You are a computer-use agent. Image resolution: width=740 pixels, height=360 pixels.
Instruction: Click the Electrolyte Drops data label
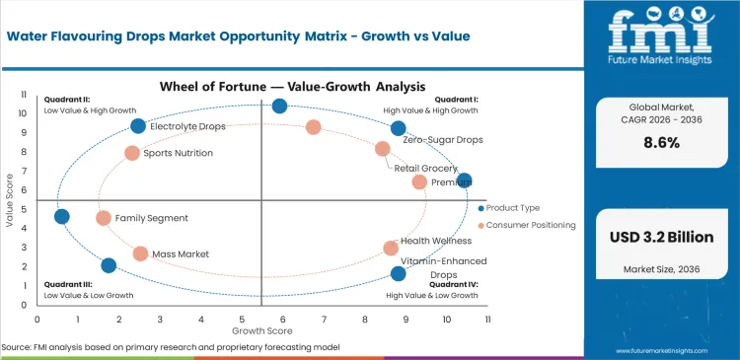tap(187, 127)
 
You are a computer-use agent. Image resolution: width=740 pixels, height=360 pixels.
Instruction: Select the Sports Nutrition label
tap(178, 153)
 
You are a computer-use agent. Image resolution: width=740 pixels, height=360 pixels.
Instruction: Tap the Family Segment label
tap(151, 218)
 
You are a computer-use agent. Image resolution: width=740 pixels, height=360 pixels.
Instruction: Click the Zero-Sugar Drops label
tap(443, 141)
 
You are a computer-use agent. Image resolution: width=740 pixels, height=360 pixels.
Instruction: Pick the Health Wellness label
tap(435, 242)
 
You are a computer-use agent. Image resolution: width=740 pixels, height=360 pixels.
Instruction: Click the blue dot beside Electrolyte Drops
tap(138, 126)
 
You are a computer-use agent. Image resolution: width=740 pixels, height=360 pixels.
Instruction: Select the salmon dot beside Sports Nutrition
tap(132, 153)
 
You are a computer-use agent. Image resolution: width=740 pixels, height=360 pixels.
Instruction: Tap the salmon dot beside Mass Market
tap(140, 253)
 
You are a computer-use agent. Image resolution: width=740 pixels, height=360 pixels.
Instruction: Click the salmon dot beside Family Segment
tap(104, 218)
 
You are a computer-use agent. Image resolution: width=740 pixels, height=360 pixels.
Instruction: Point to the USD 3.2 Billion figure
tap(660, 238)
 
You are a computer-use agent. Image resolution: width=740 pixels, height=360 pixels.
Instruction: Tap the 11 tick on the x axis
tap(486, 320)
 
